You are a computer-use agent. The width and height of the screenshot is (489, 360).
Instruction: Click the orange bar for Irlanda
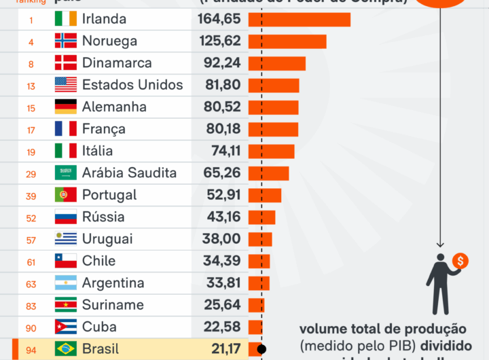(x=300, y=20)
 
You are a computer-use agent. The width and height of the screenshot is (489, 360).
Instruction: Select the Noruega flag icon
(x=66, y=41)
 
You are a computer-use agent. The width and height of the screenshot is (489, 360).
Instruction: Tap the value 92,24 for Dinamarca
(x=221, y=63)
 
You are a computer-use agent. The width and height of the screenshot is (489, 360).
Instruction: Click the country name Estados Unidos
(x=132, y=85)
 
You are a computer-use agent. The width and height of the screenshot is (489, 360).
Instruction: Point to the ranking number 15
(x=31, y=107)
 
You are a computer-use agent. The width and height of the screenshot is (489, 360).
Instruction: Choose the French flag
(x=66, y=129)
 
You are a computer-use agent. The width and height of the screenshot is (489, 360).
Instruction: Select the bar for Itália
(x=272, y=151)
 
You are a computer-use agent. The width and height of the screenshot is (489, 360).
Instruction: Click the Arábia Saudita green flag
(x=66, y=173)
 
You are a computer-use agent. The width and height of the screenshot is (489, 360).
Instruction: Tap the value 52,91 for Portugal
(x=221, y=195)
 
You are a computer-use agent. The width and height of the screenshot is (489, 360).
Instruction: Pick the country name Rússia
(x=103, y=217)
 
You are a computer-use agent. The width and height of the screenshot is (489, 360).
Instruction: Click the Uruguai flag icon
(x=66, y=239)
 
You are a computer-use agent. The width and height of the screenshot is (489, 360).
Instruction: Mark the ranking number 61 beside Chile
(x=31, y=262)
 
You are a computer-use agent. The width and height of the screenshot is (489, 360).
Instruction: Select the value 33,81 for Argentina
(x=221, y=283)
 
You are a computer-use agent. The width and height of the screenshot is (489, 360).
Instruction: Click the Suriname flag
(x=66, y=305)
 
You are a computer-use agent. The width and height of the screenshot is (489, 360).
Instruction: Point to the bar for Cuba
(x=255, y=327)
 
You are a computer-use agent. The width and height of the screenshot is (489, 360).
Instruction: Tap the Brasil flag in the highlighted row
(x=66, y=349)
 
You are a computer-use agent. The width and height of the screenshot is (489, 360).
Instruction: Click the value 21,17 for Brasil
(x=221, y=349)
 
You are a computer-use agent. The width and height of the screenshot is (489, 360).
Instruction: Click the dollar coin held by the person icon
(x=460, y=262)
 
